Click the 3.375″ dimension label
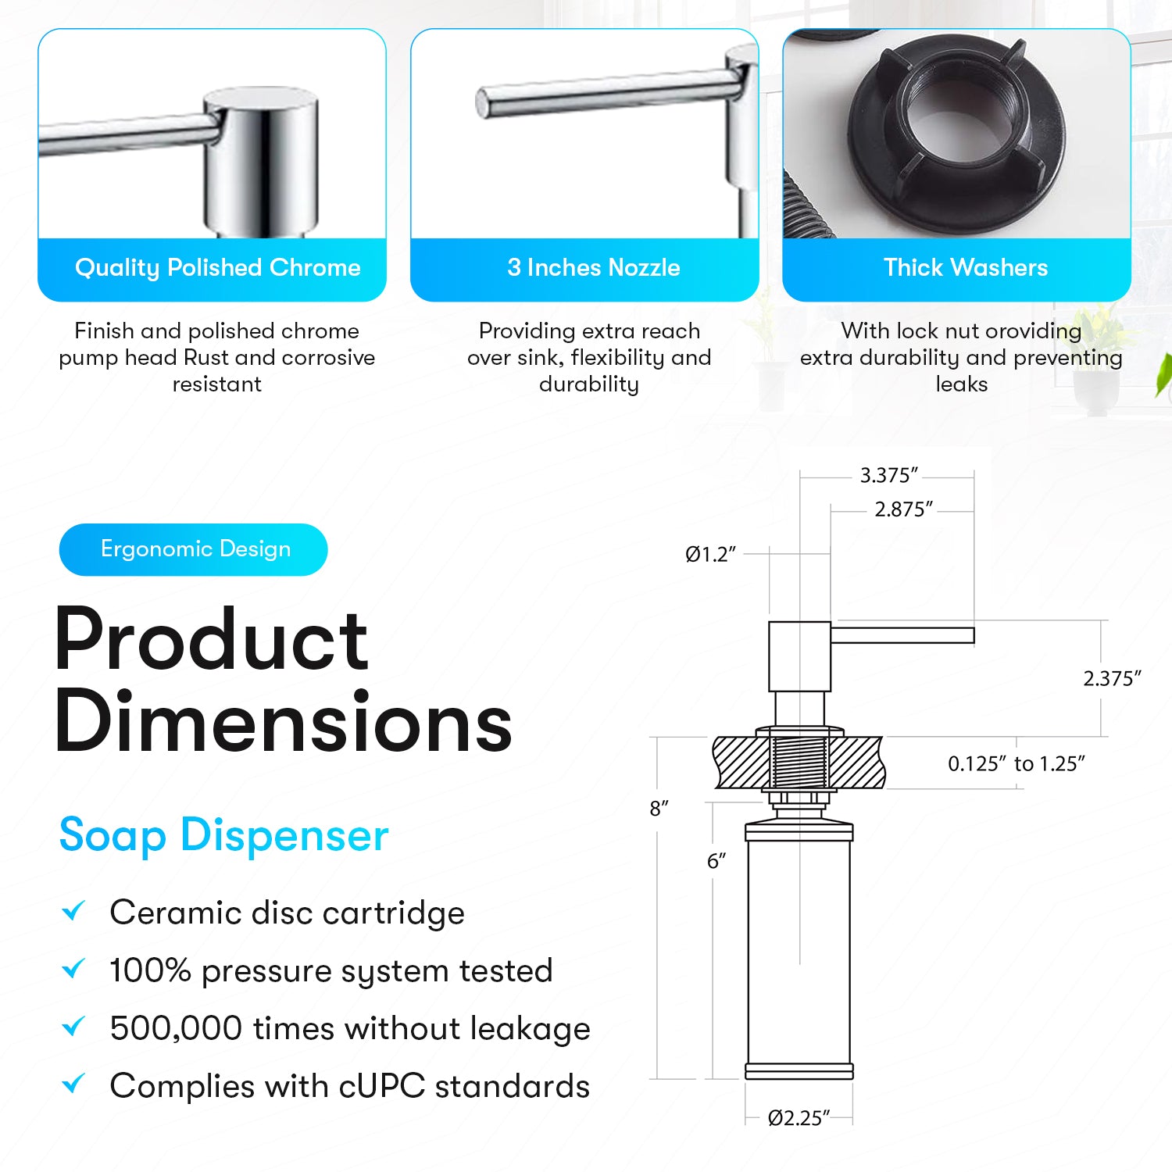click(x=889, y=475)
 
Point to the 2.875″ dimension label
click(x=904, y=509)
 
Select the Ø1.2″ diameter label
click(x=711, y=555)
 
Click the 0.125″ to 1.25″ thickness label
click(x=1017, y=763)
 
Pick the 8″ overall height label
click(x=659, y=809)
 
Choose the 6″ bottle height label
click(x=716, y=861)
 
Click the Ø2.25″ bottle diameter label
click(x=799, y=1118)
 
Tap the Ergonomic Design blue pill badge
click(x=193, y=549)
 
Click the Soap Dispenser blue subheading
click(x=224, y=835)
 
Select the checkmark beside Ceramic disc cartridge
click(x=73, y=910)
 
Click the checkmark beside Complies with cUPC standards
click(x=73, y=1084)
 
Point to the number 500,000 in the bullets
click(x=177, y=1028)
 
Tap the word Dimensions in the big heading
click(x=283, y=721)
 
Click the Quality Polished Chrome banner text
click(x=218, y=268)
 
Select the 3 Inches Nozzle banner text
click(x=594, y=268)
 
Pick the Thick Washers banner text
click(x=966, y=268)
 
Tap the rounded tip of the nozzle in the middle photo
click(x=482, y=103)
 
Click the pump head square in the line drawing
click(x=799, y=656)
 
